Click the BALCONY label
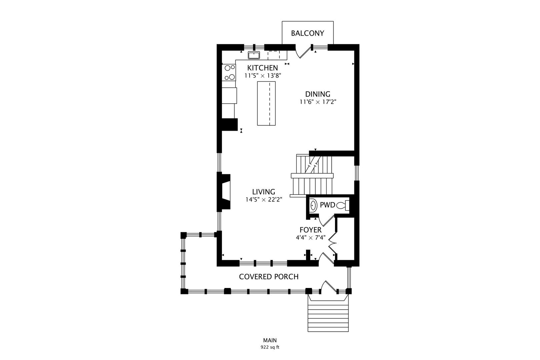point(307,33)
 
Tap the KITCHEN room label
point(262,68)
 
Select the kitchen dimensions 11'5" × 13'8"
point(263,76)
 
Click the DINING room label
point(318,94)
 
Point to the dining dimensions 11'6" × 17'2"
point(318,102)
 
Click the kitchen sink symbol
point(254,55)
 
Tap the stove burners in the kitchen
point(229,73)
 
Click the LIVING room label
point(263,192)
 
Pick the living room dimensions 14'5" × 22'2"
point(263,200)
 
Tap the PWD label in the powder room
point(327,205)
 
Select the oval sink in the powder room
point(313,205)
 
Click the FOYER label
point(310,230)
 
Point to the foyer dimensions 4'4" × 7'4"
point(310,238)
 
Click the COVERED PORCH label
point(269,277)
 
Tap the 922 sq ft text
point(270,347)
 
